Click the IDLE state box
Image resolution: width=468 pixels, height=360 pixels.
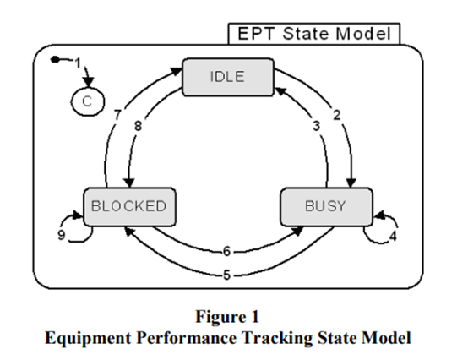[x=228, y=77]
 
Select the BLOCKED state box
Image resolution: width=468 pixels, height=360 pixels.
[x=129, y=206]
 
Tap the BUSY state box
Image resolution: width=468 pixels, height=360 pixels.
[x=326, y=206]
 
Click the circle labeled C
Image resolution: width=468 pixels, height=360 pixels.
[x=88, y=101]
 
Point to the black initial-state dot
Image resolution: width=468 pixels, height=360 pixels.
[x=55, y=60]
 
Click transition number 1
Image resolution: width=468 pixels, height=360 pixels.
[x=78, y=63]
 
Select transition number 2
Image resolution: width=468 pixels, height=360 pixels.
[x=337, y=115]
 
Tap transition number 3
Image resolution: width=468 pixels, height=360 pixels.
[x=317, y=126]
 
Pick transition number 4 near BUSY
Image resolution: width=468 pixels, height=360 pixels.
[x=393, y=237]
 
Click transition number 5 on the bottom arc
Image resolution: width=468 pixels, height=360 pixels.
[x=227, y=275]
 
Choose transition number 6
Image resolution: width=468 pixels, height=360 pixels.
[x=227, y=251]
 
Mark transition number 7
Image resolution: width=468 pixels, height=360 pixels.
[x=117, y=115]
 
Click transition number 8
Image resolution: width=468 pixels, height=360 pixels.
[x=138, y=126]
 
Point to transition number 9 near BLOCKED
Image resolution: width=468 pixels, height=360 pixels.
[x=61, y=235]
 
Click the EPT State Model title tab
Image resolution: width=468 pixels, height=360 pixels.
[x=314, y=34]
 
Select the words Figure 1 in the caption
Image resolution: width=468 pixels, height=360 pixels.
[x=227, y=316]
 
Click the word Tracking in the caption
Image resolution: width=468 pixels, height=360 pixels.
[x=277, y=338]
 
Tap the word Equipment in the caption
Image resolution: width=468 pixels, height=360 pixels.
[x=88, y=338]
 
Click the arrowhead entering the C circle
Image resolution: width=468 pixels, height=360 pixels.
[x=88, y=82]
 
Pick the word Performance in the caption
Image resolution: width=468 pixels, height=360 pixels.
[x=187, y=338]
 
